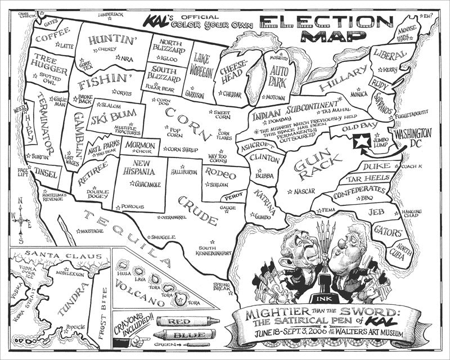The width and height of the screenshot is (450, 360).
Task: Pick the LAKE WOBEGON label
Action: point(202,65)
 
